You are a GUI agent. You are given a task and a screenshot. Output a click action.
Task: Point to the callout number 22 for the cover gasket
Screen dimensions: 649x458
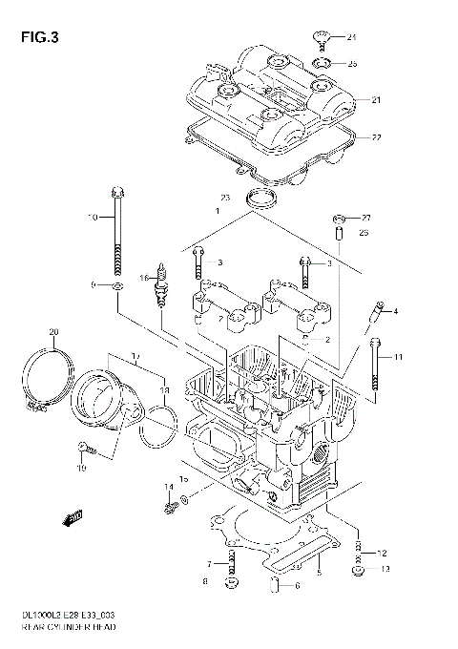tap(376, 138)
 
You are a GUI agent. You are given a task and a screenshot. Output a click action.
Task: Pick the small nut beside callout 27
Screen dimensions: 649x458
tap(339, 218)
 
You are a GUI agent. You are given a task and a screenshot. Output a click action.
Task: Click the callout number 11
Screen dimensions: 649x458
tap(399, 357)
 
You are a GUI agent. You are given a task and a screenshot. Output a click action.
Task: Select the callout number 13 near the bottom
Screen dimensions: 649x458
tap(385, 570)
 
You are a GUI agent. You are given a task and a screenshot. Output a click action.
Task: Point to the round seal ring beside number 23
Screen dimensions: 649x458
tap(258, 199)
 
